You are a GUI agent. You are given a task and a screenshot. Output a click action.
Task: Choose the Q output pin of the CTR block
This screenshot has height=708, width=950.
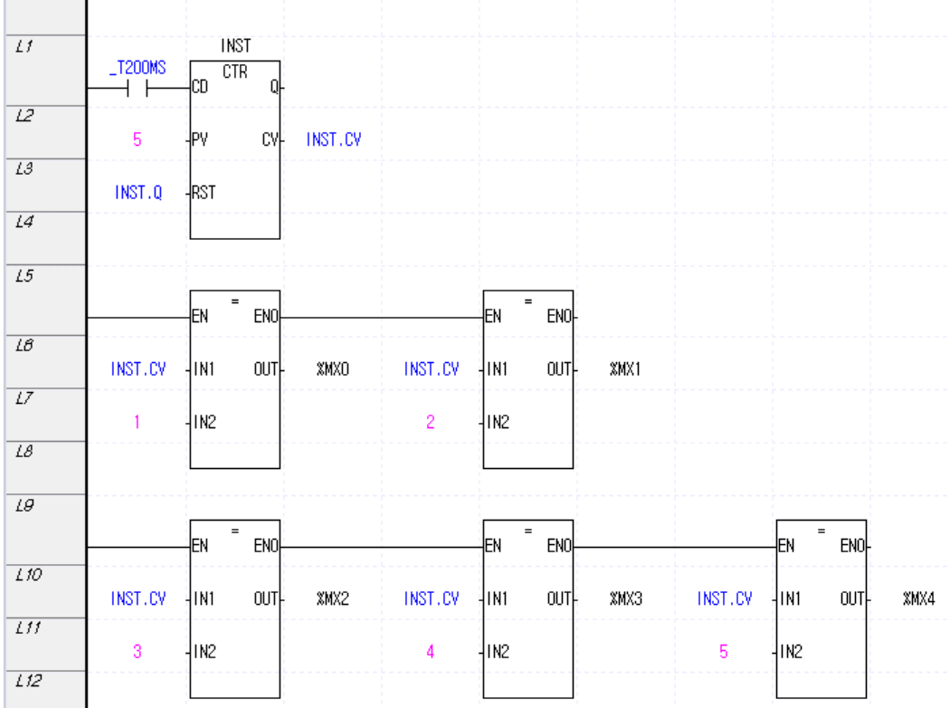(272, 89)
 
